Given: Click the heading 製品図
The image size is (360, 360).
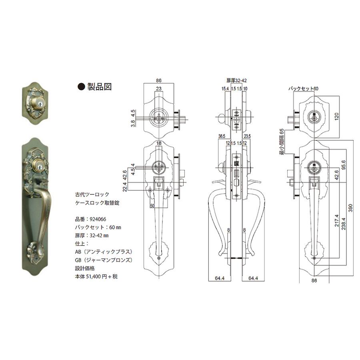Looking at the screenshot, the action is (x=100, y=86).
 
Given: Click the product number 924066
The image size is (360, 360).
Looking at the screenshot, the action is (x=98, y=219).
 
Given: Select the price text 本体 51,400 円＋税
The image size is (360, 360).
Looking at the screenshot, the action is (x=96, y=276).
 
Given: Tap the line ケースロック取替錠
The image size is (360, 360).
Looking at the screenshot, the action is (x=97, y=203).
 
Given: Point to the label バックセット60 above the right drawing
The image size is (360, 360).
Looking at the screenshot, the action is (x=303, y=88).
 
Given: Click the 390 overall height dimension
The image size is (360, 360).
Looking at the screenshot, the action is (x=350, y=208).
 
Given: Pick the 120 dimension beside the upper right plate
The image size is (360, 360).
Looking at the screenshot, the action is (x=336, y=117).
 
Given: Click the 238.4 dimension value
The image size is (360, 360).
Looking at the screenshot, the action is (x=343, y=224).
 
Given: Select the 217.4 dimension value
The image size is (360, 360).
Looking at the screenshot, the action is (x=336, y=220).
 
